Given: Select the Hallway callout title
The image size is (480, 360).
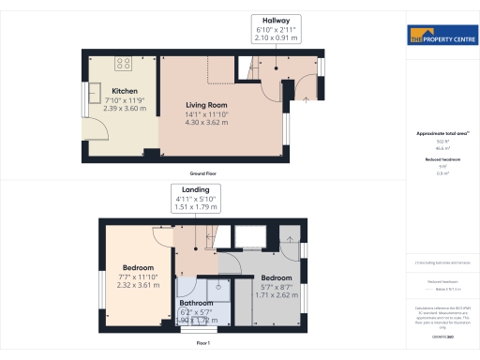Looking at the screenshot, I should click(276, 20).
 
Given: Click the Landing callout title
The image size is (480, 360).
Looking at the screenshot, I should click(196, 189).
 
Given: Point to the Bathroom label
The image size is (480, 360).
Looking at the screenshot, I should click(196, 303).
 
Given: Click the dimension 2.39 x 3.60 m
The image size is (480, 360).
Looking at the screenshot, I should click(125, 108).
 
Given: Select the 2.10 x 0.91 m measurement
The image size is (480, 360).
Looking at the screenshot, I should click(276, 38).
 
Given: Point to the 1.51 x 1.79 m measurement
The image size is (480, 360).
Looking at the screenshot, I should click(196, 208).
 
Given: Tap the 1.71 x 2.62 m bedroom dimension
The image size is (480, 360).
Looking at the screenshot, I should click(276, 295).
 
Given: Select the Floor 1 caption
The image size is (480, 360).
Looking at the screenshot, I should click(202, 343).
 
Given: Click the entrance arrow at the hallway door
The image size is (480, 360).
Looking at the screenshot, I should click(309, 97).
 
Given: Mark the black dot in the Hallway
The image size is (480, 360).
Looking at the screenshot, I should click(276, 68).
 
